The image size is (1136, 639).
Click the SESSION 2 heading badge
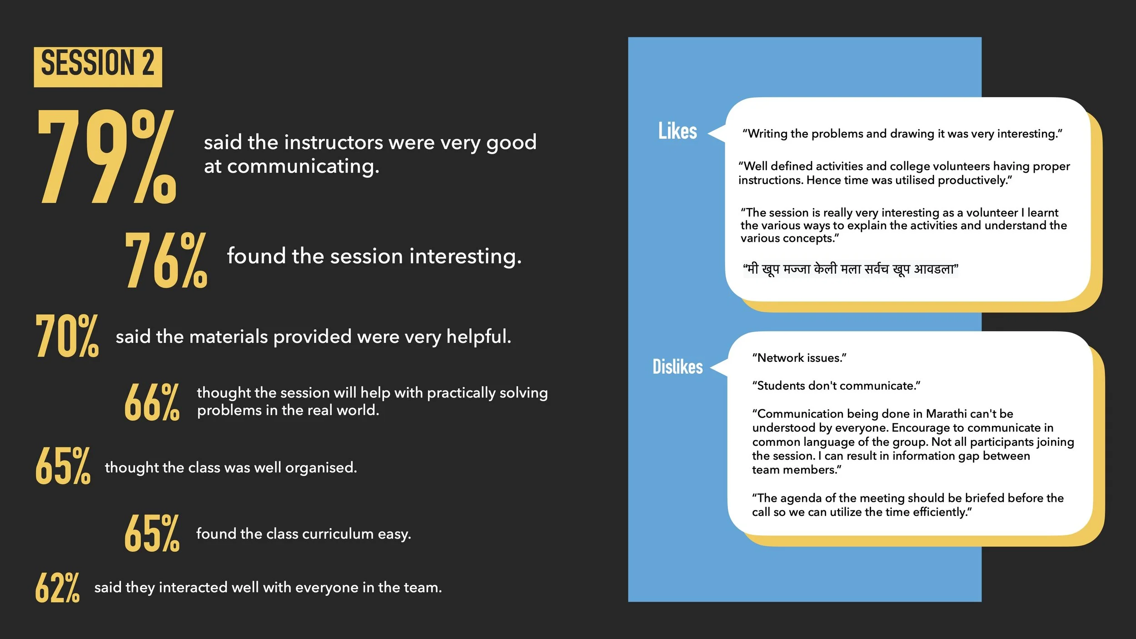point(98,66)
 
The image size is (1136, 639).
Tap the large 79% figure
point(107,156)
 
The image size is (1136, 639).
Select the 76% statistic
point(166,260)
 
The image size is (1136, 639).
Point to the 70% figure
point(67,336)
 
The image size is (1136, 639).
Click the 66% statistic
point(152,402)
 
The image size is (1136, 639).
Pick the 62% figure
point(57,588)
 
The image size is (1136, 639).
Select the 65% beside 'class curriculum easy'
point(152,533)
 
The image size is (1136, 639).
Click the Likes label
point(677,131)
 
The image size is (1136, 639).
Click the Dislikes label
point(677,367)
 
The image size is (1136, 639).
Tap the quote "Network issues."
point(799,358)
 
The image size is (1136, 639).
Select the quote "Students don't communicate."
point(836,386)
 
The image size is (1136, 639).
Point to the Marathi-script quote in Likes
point(850,270)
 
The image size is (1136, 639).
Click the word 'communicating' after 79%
point(303,166)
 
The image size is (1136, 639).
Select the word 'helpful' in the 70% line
point(478,337)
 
